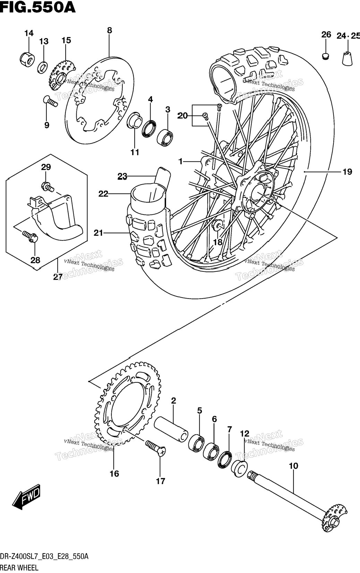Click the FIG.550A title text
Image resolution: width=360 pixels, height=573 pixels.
38,7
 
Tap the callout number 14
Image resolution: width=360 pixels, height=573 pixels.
29,33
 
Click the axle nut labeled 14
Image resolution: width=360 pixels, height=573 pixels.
26,59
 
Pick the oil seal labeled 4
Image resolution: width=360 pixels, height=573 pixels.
149,128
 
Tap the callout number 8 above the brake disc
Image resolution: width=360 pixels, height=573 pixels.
110,30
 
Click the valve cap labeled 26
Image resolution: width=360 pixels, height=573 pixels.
325,56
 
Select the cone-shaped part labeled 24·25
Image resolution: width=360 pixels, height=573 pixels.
348,58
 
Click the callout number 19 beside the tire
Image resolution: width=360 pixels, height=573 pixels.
347,172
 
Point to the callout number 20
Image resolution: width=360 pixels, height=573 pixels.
183,116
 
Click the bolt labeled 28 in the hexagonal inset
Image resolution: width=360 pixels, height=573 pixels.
30,236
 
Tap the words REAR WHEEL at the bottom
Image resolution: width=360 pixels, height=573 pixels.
19,568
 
